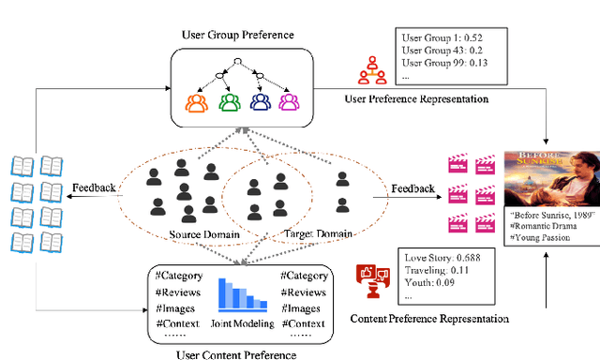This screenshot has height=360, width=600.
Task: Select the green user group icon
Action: (x=229, y=101)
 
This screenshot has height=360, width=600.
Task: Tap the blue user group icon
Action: (x=260, y=101)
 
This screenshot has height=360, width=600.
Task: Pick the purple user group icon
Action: (x=289, y=101)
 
